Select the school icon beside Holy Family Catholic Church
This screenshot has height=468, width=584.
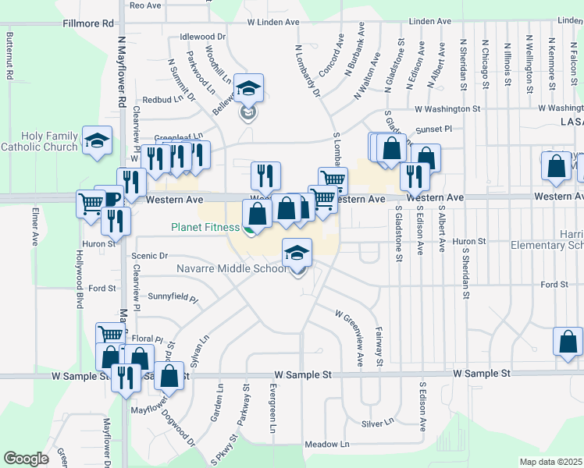tap(97, 141)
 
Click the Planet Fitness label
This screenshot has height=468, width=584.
tap(205, 228)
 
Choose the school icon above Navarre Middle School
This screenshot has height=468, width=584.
tap(297, 253)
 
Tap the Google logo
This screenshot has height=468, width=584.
tap(26, 459)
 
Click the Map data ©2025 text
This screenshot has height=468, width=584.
tap(551, 462)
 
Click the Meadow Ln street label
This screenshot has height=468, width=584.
tap(326, 445)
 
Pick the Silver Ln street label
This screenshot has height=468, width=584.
tap(378, 423)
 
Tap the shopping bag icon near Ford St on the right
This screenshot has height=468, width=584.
tap(568, 342)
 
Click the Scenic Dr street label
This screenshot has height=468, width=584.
tap(150, 256)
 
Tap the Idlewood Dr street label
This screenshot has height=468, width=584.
tap(202, 37)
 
